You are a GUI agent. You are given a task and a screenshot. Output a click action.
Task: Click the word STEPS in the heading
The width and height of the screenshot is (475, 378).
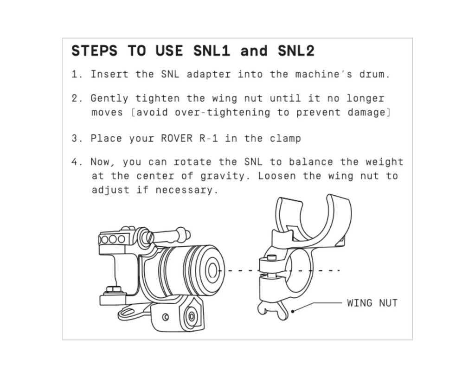click(x=94, y=51)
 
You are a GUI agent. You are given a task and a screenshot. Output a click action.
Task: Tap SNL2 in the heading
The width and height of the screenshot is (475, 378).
click(x=296, y=51)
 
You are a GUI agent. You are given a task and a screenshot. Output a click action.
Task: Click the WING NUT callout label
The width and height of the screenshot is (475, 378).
click(x=372, y=303)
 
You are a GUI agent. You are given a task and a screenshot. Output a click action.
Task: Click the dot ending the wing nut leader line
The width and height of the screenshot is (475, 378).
click(x=293, y=311)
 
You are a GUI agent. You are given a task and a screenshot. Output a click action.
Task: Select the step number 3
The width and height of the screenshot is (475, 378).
click(x=75, y=138)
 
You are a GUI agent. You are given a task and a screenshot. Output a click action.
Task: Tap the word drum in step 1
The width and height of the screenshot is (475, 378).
click(x=372, y=74)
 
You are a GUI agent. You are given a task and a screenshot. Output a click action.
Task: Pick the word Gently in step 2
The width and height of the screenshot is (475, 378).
click(x=109, y=99)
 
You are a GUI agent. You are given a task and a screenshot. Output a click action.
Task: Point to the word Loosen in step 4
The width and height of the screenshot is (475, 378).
click(x=276, y=176)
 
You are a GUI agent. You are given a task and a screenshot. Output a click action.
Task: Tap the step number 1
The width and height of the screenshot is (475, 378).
click(x=75, y=74)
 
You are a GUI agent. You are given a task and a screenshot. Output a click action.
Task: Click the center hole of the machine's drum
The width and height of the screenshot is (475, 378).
click(x=212, y=270)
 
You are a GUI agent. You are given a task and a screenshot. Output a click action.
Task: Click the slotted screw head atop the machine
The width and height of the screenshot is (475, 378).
click(x=149, y=237)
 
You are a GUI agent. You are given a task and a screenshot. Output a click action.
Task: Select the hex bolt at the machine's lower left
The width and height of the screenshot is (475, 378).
click(x=114, y=290)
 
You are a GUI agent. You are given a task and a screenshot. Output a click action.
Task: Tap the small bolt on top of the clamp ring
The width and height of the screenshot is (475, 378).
click(x=272, y=258)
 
